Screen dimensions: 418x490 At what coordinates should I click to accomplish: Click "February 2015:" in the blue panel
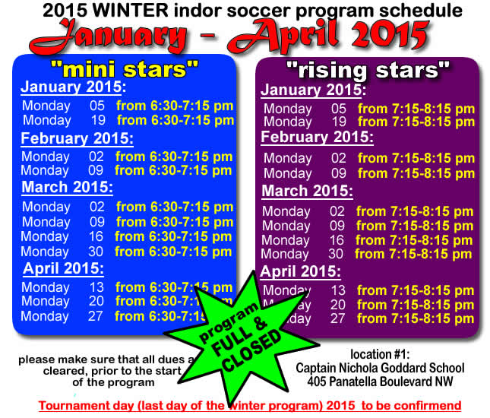[77, 138]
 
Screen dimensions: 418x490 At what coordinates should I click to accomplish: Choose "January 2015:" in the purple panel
[312, 90]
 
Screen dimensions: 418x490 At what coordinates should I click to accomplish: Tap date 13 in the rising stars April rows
[338, 290]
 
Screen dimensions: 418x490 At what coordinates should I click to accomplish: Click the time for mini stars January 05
[175, 106]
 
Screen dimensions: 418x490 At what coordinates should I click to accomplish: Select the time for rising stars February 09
[416, 173]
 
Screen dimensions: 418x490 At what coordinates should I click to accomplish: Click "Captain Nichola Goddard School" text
[381, 368]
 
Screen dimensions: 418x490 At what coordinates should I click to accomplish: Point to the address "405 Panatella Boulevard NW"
[381, 382]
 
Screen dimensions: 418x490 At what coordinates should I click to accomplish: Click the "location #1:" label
[381, 354]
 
